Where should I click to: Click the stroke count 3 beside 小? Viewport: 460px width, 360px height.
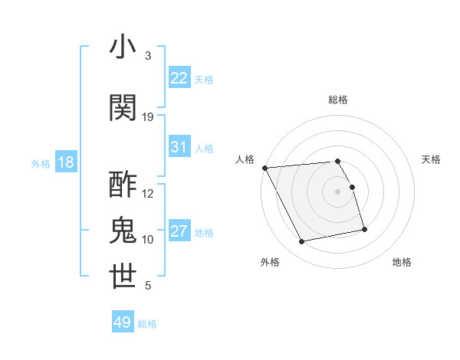pos(148,56)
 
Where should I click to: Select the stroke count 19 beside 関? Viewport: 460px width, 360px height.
pos(148,117)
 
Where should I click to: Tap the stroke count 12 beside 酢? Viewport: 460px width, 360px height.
pos(148,194)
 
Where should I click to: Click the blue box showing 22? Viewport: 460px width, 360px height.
pos(179,78)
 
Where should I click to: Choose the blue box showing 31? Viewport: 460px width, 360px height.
pos(179,147)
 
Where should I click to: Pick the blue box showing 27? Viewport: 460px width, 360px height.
pos(179,231)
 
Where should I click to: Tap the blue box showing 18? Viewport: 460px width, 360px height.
pos(65,162)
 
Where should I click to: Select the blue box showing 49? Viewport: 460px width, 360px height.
pos(123,322)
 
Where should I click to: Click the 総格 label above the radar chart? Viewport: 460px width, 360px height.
pos(338,100)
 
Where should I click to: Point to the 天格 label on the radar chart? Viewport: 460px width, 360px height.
pos(431,159)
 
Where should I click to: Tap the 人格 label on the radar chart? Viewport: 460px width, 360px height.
pos(245,159)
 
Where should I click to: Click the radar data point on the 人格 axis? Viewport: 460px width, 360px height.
pos(264,168)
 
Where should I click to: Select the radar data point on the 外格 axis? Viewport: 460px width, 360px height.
pos(302,242)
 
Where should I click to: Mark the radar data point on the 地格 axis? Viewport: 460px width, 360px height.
pos(364,229)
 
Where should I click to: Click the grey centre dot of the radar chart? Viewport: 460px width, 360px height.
pos(338,191)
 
